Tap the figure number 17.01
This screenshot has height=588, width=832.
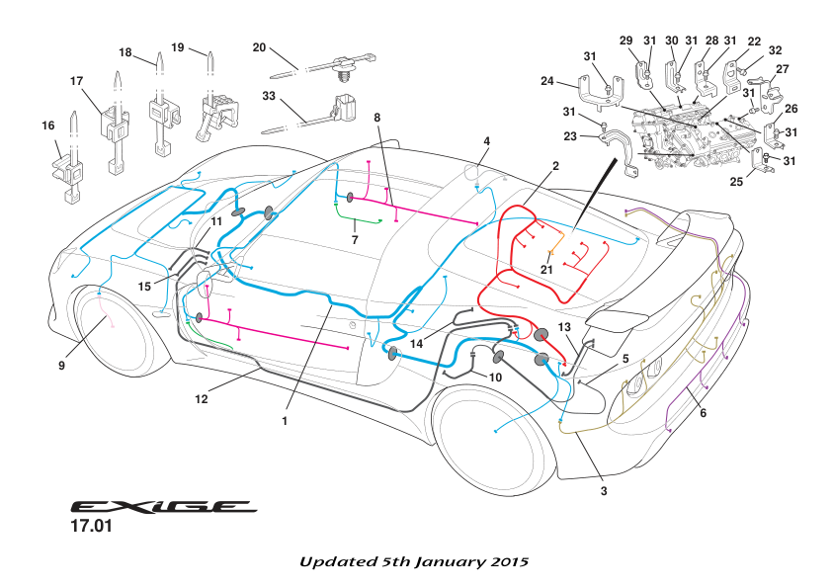91,528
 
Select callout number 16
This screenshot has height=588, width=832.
47,126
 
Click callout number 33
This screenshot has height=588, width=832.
269,97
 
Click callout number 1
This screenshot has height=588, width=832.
285,420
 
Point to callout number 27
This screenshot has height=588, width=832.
782,69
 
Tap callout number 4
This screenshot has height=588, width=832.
486,141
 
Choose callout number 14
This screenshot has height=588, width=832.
418,343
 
